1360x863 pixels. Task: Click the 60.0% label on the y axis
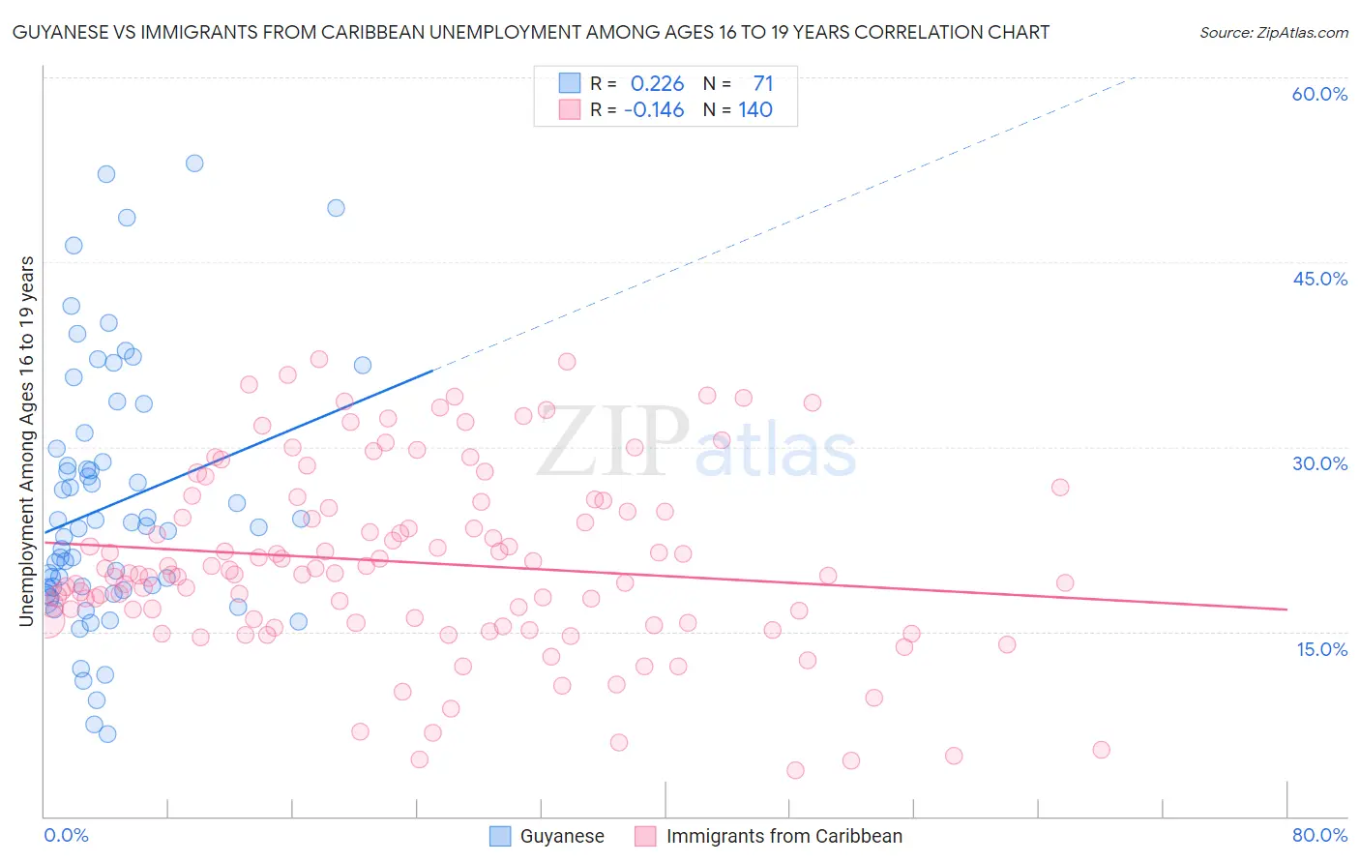1319,94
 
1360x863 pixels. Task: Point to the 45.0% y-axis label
1319,279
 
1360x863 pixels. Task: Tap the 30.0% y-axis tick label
1319,463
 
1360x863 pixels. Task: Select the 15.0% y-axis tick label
1321,648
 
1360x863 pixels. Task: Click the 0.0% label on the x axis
66,835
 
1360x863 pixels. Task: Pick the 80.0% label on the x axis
1319,835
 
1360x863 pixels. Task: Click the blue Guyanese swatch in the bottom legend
500,836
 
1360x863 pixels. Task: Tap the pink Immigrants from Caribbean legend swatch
645,836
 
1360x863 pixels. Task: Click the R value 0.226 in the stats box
657,84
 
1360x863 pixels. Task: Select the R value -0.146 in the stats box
654,110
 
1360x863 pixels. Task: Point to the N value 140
755,110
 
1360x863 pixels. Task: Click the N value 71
763,84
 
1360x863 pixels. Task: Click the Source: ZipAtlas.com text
1273,33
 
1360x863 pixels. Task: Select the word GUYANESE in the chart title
57,33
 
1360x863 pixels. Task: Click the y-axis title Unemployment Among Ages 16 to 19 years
27,441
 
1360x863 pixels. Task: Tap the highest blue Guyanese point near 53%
194,164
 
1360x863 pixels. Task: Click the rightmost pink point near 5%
1101,750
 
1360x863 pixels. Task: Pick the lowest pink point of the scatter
795,770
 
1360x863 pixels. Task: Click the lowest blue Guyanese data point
107,734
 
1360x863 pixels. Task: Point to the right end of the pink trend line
1286,609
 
